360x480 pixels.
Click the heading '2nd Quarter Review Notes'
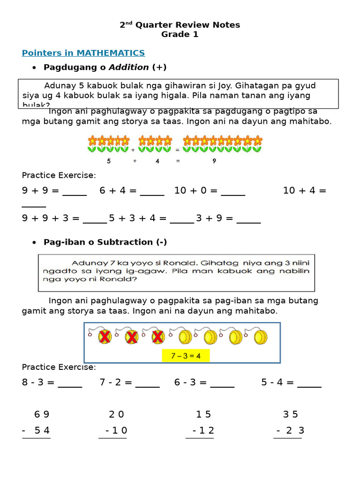[180, 25]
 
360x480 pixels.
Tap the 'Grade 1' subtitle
[180, 34]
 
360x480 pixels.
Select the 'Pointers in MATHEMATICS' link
[83, 53]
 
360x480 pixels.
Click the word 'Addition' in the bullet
[129, 67]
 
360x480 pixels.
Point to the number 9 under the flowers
[214, 161]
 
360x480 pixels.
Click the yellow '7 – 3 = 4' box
[186, 356]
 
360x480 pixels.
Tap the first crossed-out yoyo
[105, 337]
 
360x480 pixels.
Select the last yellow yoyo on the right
[260, 337]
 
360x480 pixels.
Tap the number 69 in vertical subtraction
[42, 414]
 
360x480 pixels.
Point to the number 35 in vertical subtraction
[291, 414]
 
